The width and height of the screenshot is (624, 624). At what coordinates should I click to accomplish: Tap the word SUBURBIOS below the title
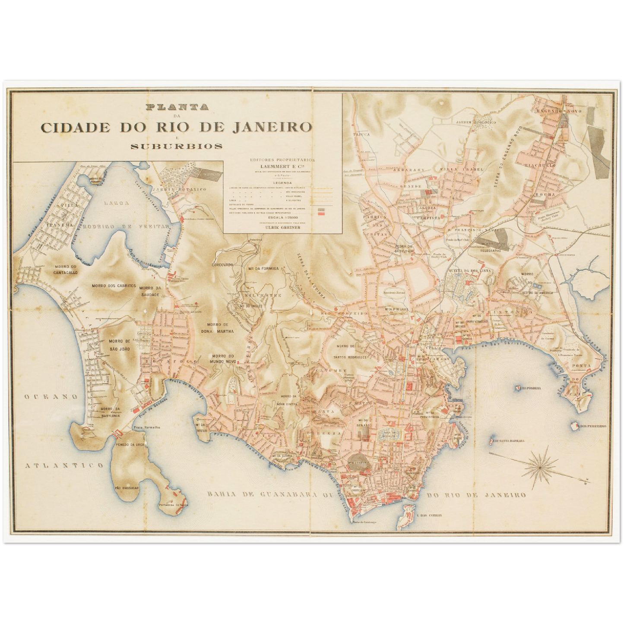[177, 146]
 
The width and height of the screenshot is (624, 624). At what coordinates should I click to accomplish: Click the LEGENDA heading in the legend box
[283, 183]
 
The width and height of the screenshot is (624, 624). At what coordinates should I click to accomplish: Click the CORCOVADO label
[222, 264]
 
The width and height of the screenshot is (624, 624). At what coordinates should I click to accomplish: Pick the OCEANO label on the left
[51, 396]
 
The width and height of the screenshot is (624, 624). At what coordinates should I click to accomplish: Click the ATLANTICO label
[64, 466]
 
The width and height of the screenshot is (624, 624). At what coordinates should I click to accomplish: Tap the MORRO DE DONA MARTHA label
[217, 328]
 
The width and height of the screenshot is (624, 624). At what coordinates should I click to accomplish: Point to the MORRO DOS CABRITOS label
[114, 286]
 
